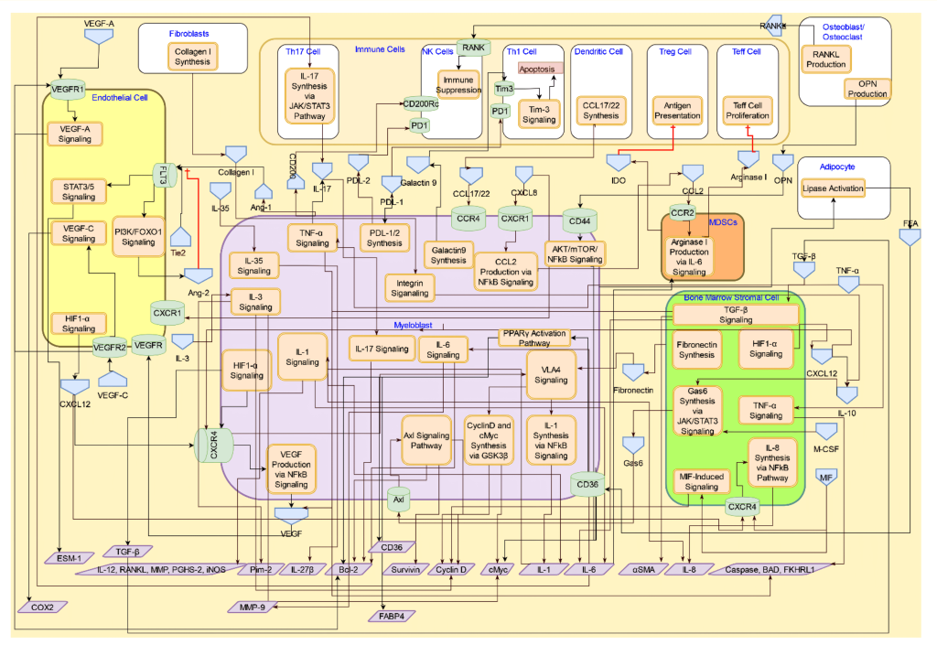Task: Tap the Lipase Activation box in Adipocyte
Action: [x=833, y=188]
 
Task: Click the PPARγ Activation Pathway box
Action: [x=534, y=337]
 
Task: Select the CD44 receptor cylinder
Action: [x=579, y=220]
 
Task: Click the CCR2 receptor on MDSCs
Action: [x=682, y=212]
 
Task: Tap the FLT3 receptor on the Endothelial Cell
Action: [x=162, y=174]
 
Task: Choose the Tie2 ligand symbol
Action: [x=179, y=240]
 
